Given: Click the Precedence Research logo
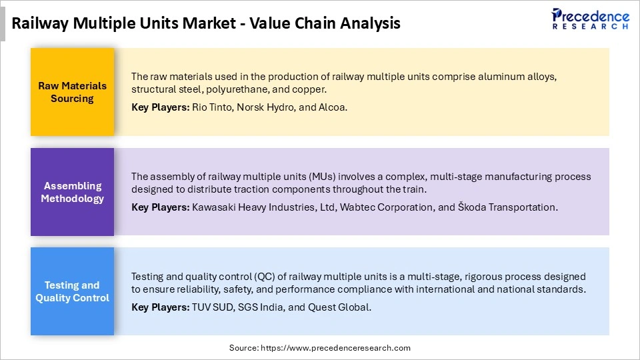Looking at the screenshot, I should click(x=590, y=19).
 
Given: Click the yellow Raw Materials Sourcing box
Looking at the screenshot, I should click(x=72, y=92).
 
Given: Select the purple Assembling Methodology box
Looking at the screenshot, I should click(x=72, y=192).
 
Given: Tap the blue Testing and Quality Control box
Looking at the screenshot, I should click(x=72, y=291).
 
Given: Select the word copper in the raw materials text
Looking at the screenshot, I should click(x=307, y=89).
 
